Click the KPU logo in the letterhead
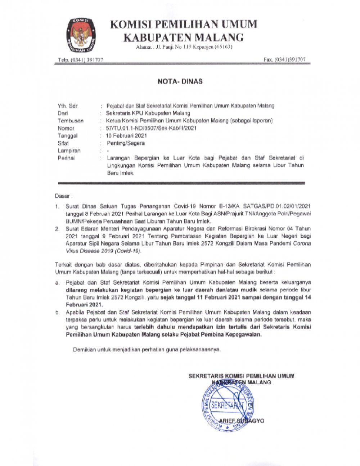pyautogui.click(x=81, y=34)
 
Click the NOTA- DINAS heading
pyautogui.click(x=180, y=81)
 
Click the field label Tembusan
pyautogui.click(x=71, y=121)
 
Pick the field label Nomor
pyautogui.click(x=66, y=128)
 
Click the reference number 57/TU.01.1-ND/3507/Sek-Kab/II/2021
pyautogui.click(x=152, y=128)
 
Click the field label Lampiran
pyautogui.click(x=69, y=151)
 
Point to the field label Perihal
pyautogui.click(x=66, y=158)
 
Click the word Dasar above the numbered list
pyautogui.click(x=63, y=196)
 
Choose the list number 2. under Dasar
pyautogui.click(x=57, y=229)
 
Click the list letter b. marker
pyautogui.click(x=58, y=313)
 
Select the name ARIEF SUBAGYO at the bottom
pyautogui.click(x=242, y=421)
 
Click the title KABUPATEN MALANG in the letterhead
pyautogui.click(x=184, y=37)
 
